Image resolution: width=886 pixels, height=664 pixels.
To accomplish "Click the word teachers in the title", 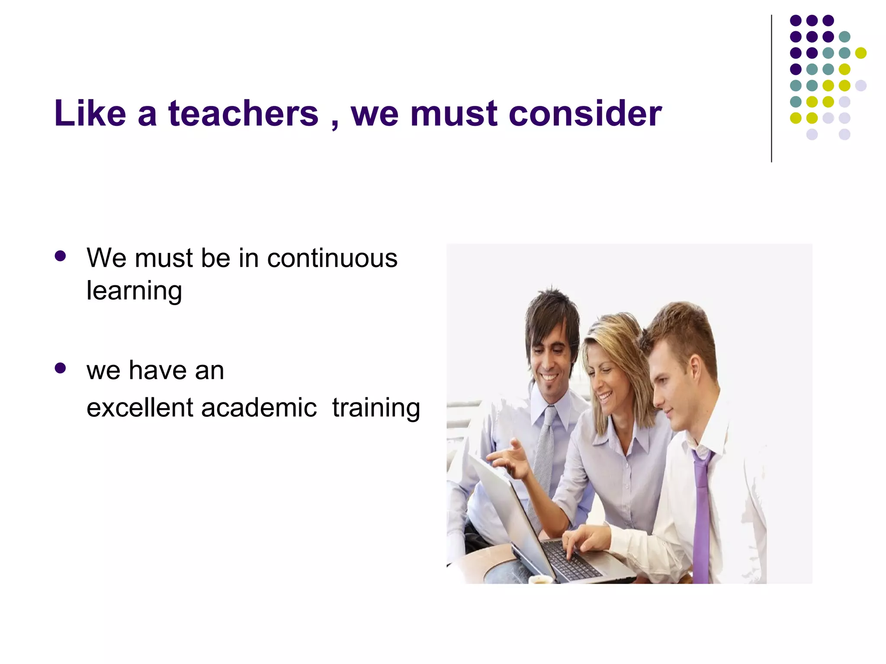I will (243, 113).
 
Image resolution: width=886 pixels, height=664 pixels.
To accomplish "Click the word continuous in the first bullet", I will (332, 258).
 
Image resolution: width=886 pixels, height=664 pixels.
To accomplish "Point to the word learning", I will (134, 291).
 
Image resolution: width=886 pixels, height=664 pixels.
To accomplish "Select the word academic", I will (259, 408).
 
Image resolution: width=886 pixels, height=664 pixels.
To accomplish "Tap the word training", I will (376, 409).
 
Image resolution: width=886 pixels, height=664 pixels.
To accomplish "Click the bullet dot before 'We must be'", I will (61, 256).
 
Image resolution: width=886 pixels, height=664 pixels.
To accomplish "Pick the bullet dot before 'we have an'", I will (61, 368).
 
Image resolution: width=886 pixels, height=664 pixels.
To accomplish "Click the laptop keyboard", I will (571, 560).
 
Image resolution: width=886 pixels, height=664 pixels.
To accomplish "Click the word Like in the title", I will (90, 113).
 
